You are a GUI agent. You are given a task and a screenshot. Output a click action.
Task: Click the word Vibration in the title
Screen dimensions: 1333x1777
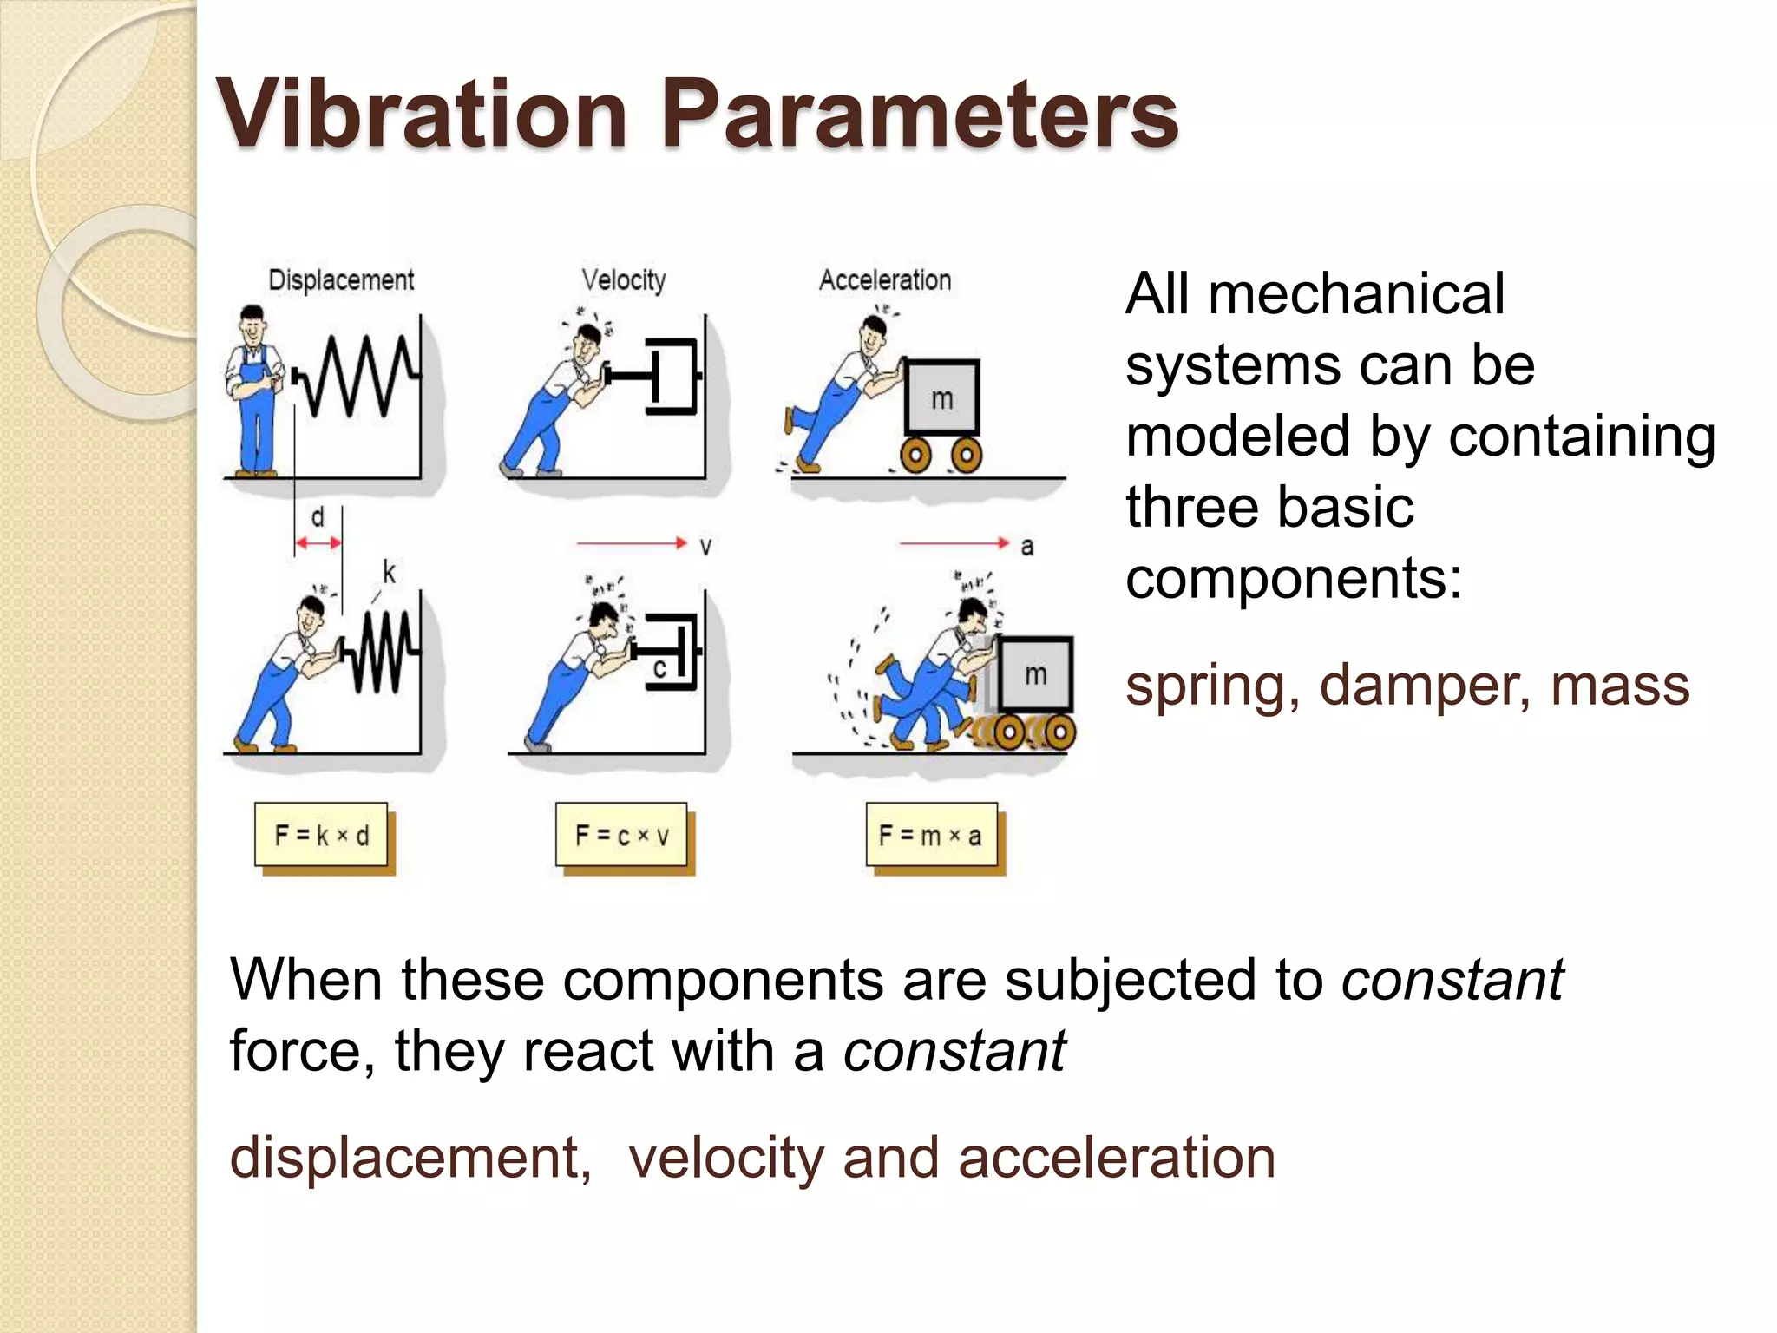click(x=422, y=115)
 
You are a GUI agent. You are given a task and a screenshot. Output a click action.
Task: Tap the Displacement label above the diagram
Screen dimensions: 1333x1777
click(x=341, y=280)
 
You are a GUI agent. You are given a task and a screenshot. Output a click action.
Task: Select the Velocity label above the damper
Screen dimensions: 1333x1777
click(x=624, y=280)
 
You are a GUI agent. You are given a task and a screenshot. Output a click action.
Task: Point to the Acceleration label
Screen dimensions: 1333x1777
click(x=885, y=280)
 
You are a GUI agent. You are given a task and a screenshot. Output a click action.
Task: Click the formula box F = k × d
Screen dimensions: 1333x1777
click(x=321, y=835)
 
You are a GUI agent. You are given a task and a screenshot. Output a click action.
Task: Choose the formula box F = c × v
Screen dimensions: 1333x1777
click(x=621, y=835)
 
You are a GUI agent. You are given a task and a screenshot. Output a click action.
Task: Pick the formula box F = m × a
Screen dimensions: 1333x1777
click(x=931, y=835)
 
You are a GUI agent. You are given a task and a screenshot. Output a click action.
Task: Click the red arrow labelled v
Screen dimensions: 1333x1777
click(x=632, y=543)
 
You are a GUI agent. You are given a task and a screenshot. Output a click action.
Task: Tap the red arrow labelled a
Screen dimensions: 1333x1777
click(x=954, y=543)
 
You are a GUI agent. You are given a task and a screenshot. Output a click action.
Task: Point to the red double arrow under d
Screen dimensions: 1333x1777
click(x=318, y=543)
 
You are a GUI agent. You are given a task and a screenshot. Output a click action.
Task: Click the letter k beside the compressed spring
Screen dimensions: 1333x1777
click(x=389, y=573)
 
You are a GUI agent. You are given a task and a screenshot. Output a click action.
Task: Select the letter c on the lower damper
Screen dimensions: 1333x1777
click(x=659, y=668)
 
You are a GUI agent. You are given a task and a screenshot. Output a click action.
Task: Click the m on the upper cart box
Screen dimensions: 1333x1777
click(x=941, y=399)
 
